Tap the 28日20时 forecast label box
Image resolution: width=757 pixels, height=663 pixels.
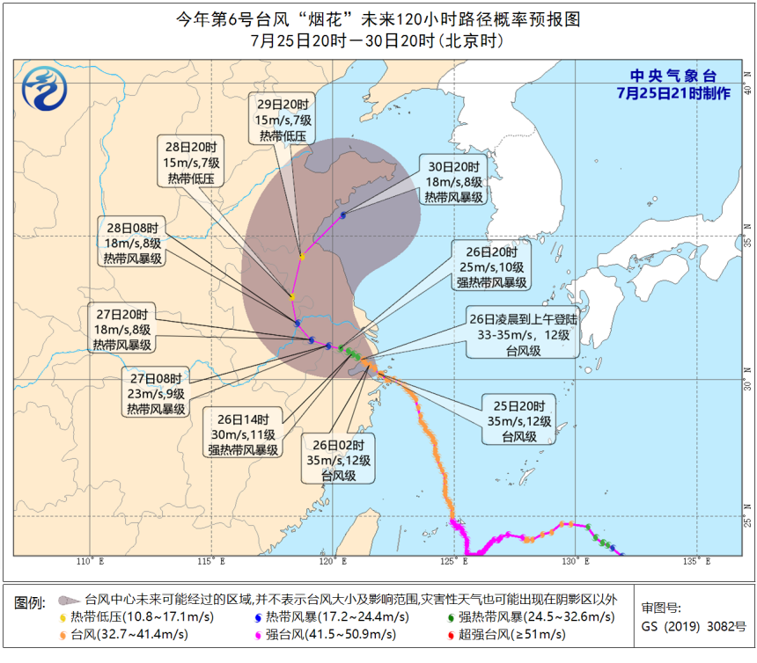click(x=192, y=162)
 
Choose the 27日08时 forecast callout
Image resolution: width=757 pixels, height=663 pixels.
click(x=155, y=393)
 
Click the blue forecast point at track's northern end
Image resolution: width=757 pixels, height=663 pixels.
click(x=343, y=215)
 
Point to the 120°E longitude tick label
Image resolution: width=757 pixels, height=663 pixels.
click(x=327, y=562)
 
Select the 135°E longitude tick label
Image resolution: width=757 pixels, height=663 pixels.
click(x=695, y=562)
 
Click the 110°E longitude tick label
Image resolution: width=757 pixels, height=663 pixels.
click(x=85, y=562)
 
